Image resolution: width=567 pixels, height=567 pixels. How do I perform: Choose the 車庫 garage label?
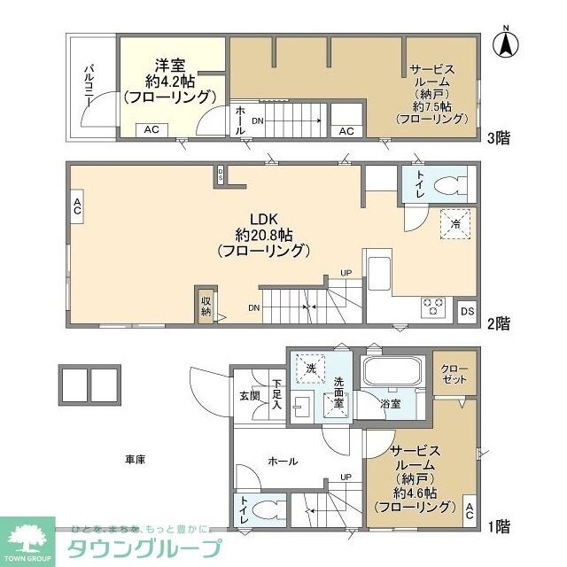[135, 459]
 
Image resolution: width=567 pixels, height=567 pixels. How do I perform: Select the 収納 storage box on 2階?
[206, 304]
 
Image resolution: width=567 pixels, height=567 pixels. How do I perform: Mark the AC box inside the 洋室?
[151, 129]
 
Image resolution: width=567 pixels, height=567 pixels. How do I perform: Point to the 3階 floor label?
[497, 137]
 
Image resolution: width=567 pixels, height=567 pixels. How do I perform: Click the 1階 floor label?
[498, 525]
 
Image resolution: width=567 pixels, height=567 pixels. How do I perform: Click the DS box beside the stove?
[467, 311]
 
